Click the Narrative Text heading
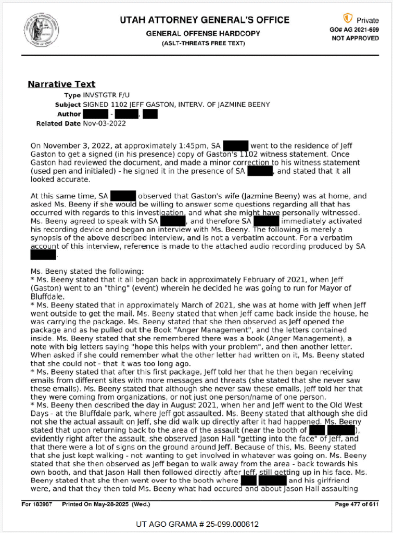click(x=61, y=84)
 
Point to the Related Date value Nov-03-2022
click(x=104, y=123)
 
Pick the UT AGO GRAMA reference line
click(x=197, y=524)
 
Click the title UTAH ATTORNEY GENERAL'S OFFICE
click(x=204, y=20)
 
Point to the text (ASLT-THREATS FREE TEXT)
click(x=203, y=43)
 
